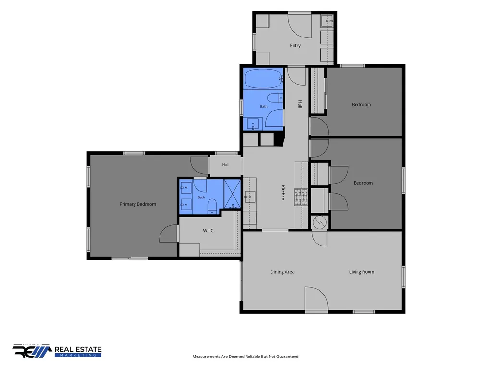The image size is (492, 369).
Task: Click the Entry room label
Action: [295, 46]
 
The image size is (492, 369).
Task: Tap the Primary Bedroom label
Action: [138, 204]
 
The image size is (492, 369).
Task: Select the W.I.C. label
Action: [209, 231]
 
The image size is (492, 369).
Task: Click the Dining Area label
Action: [283, 272]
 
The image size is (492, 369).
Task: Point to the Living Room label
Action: [362, 272]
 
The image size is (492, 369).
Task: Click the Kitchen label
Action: [283, 193]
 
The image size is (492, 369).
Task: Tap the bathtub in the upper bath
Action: [263, 78]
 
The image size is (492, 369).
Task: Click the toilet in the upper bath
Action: [275, 98]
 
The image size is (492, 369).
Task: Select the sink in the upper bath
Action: [253, 124]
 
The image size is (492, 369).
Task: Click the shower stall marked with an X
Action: [232, 194]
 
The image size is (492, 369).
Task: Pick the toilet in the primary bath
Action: [212, 206]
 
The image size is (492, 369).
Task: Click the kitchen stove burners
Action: [301, 197]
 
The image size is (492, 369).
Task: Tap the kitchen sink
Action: [250, 197]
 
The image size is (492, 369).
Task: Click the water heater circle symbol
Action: [320, 222]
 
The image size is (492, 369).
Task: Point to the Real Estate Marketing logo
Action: [57, 351]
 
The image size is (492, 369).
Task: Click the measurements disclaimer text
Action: [246, 357]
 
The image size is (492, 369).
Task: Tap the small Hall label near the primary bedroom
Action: [225, 165]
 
